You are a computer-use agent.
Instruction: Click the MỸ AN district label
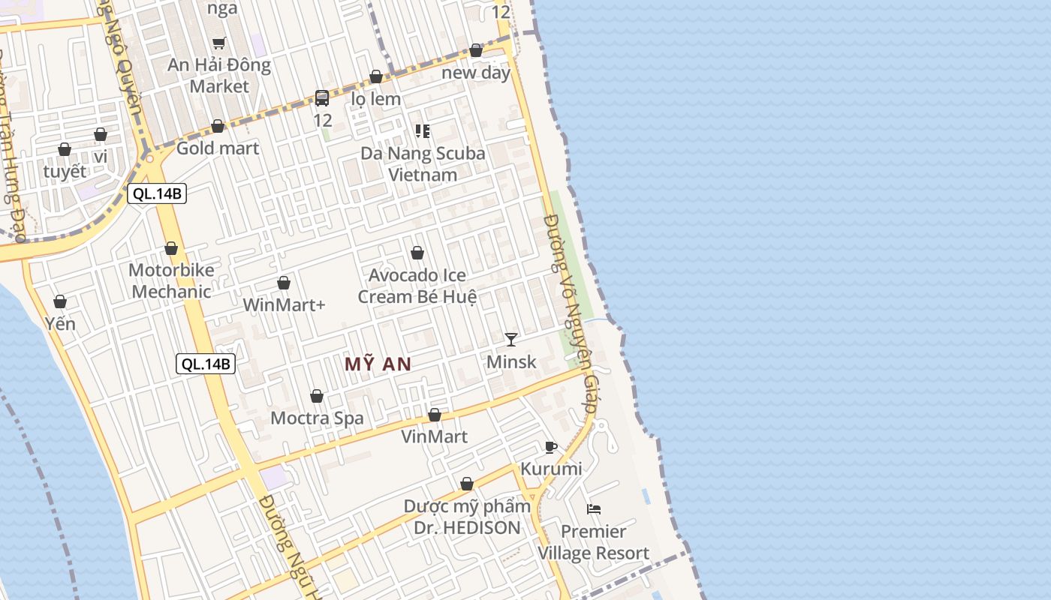click(x=378, y=364)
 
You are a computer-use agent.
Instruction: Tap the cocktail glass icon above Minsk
click(x=511, y=339)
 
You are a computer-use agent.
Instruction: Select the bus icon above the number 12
click(x=322, y=97)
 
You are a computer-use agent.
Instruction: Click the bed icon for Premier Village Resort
click(x=594, y=509)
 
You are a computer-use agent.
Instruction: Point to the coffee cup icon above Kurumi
click(x=551, y=448)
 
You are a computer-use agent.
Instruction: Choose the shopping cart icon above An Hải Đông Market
click(x=218, y=43)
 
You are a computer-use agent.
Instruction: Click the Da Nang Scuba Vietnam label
click(x=423, y=163)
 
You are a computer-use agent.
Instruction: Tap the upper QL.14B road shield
click(x=156, y=193)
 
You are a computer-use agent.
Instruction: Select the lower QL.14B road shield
click(x=206, y=364)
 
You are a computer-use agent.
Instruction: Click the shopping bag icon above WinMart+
click(x=284, y=283)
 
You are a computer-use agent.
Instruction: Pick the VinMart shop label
click(x=434, y=436)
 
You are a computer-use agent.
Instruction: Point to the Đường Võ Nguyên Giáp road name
click(x=571, y=315)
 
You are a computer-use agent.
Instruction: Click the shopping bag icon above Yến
click(x=60, y=301)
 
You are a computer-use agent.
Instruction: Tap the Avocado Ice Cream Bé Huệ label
click(x=417, y=286)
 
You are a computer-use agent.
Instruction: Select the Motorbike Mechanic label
click(x=171, y=280)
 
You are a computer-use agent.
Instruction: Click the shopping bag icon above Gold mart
click(x=218, y=126)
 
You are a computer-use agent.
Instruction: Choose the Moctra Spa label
click(x=317, y=418)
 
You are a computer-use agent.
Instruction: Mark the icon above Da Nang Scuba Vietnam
click(x=422, y=131)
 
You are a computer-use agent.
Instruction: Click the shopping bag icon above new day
click(x=476, y=50)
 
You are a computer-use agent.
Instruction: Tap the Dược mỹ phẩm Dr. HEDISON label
click(x=467, y=517)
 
